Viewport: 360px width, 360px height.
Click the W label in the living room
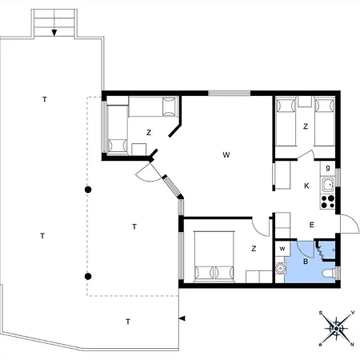pyautogui.click(x=226, y=154)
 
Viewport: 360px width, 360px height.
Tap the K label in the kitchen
pyautogui.click(x=306, y=186)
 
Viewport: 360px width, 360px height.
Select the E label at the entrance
pyautogui.click(x=311, y=225)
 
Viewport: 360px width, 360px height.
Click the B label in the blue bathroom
pyautogui.click(x=306, y=262)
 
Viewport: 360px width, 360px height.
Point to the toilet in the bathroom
pyautogui.click(x=329, y=274)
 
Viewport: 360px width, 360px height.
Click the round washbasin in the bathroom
pyautogui.click(x=280, y=268)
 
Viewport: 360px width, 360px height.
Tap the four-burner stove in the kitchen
pyautogui.click(x=327, y=202)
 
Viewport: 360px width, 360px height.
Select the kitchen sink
pyautogui.click(x=327, y=185)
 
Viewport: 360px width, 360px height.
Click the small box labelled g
pyautogui.click(x=328, y=168)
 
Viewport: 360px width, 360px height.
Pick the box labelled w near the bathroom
pyautogui.click(x=282, y=249)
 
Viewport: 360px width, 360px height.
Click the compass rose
pyautogui.click(x=337, y=328)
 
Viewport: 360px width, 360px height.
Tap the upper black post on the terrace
pyautogui.click(x=88, y=190)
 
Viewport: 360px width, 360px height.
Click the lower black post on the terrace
pyautogui.click(x=88, y=276)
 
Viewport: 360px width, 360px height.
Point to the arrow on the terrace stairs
pyautogui.click(x=54, y=33)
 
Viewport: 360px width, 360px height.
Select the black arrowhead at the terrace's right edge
pyautogui.click(x=182, y=318)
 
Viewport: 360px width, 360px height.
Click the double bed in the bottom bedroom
pyautogui.click(x=214, y=257)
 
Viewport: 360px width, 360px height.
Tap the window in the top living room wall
pyautogui.click(x=230, y=93)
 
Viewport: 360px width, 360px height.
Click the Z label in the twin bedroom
pyautogui.click(x=306, y=126)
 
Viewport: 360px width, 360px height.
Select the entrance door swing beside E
pyautogui.click(x=350, y=223)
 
